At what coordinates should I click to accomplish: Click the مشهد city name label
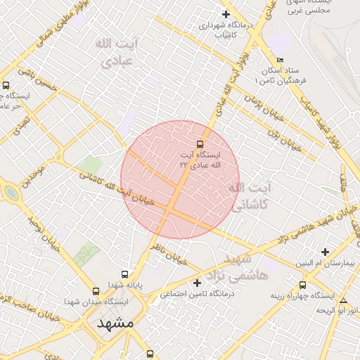click(115, 324)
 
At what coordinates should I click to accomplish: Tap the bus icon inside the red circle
click(200, 143)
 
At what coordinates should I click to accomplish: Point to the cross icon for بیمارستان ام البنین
click(324, 251)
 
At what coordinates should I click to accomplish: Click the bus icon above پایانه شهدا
click(125, 274)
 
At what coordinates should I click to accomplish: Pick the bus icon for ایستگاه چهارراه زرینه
click(302, 285)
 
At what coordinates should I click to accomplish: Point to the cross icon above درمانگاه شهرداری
click(226, 14)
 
